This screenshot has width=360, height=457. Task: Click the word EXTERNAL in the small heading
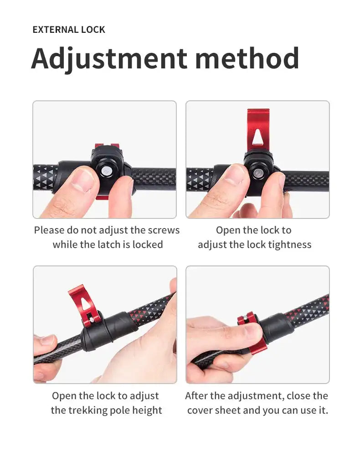[55, 30]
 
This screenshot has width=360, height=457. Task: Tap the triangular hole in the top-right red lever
[257, 137]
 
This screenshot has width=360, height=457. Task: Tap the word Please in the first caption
[49, 230]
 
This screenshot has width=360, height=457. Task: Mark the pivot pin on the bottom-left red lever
[92, 320]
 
